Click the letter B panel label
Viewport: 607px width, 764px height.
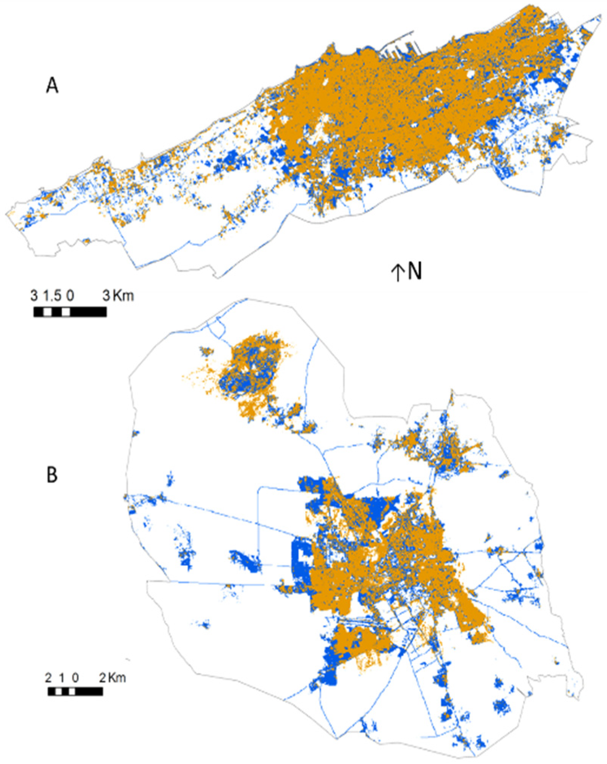click(52, 474)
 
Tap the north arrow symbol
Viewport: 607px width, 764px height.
click(397, 272)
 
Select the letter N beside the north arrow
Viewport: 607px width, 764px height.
click(415, 271)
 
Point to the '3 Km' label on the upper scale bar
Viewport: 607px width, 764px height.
click(118, 295)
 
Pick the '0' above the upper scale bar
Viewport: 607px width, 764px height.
click(70, 295)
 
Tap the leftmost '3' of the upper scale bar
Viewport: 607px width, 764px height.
click(34, 295)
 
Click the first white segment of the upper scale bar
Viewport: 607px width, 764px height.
click(48, 312)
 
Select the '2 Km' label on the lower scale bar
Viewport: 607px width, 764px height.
click(112, 677)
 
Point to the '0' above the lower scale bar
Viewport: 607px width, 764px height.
click(76, 677)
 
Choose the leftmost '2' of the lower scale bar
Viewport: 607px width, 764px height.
click(48, 677)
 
